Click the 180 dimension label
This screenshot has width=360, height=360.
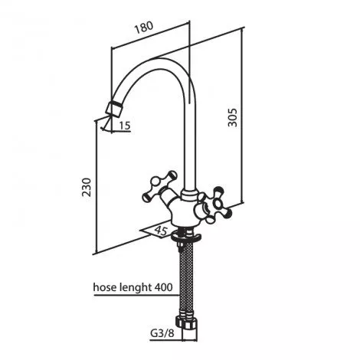click(x=144, y=28)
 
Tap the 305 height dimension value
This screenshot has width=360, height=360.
click(x=232, y=117)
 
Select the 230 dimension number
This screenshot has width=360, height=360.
click(x=87, y=187)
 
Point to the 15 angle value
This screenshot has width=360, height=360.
click(x=125, y=126)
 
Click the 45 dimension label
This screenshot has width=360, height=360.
click(x=162, y=231)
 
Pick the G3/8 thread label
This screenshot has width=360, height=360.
click(x=162, y=333)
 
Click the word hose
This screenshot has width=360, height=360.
click(x=104, y=287)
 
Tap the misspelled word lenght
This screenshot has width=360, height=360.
click(x=135, y=288)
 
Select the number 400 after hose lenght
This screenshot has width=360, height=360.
click(x=163, y=287)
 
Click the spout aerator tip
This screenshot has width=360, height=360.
click(x=114, y=109)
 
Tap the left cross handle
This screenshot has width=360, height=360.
click(x=159, y=186)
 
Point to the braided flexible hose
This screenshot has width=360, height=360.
click(x=186, y=278)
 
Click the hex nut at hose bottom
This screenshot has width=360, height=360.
click(x=186, y=322)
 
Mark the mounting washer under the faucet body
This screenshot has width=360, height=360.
click(x=186, y=238)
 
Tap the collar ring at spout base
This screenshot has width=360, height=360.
click(x=190, y=195)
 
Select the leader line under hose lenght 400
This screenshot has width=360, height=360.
click(x=137, y=296)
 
